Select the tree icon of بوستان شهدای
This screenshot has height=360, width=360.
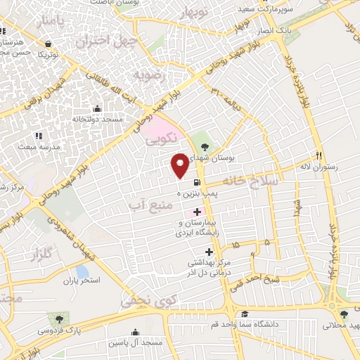click(x=205, y=146)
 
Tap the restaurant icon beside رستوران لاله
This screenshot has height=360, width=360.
click(x=319, y=155)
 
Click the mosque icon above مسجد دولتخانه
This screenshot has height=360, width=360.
click(x=97, y=109)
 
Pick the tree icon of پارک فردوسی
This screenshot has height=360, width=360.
click(x=49, y=319)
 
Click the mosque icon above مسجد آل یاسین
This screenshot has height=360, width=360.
click(x=135, y=332)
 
